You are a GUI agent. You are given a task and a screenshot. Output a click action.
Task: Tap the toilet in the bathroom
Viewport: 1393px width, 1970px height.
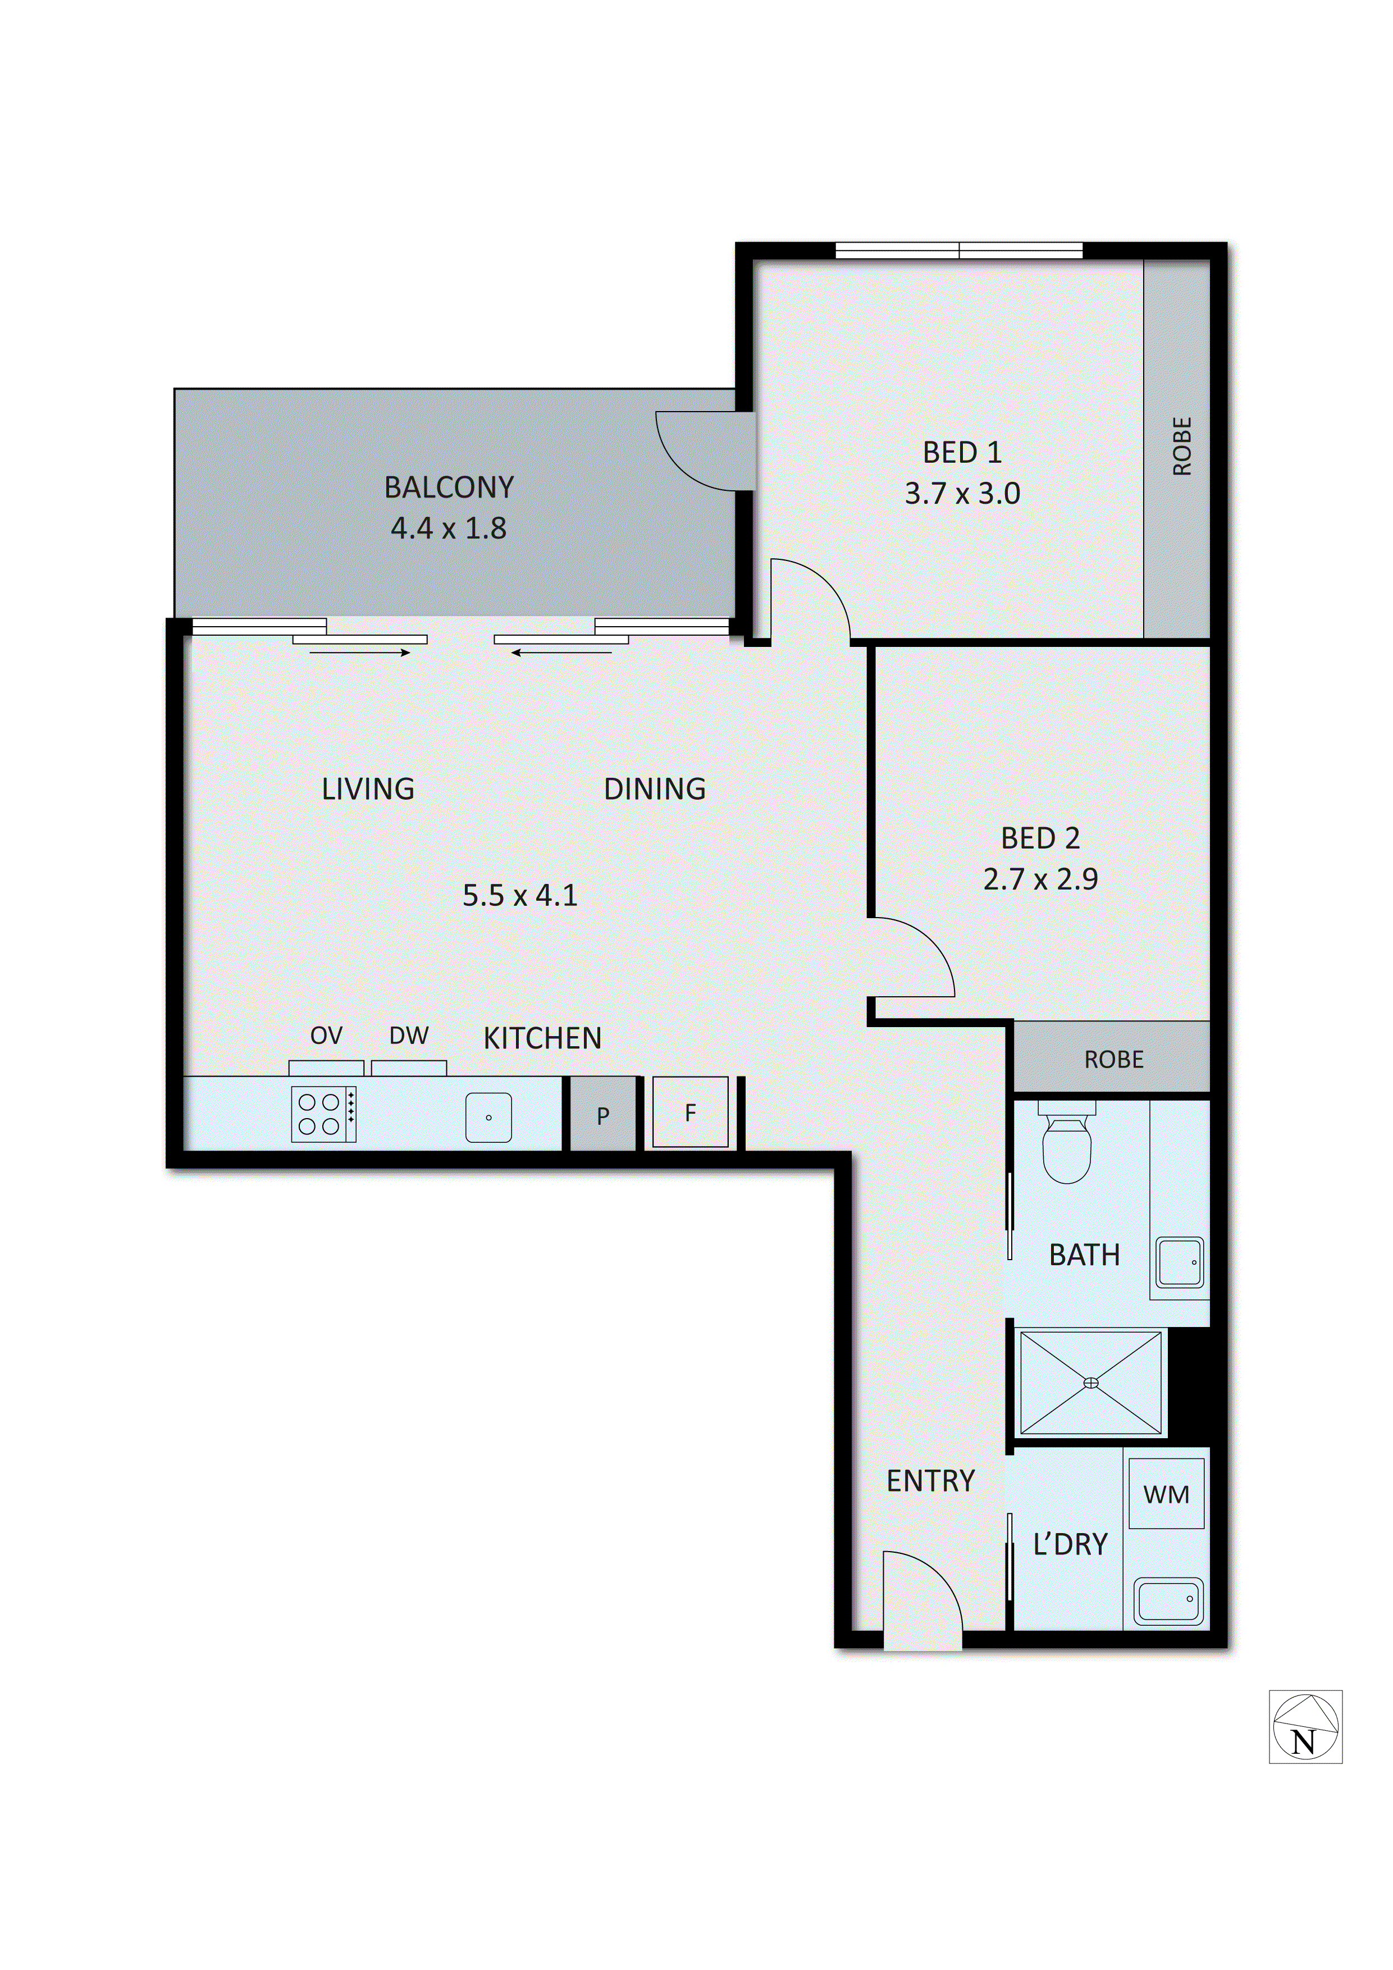click(1066, 1144)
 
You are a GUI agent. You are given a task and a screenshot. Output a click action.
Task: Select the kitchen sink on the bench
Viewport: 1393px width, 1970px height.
click(488, 1117)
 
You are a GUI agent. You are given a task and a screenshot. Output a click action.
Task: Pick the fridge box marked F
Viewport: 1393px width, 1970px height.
click(691, 1113)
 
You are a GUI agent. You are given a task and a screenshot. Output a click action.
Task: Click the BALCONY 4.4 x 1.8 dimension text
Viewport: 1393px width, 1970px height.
click(449, 528)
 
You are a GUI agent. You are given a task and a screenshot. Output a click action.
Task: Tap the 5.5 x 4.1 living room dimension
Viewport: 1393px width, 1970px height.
click(520, 895)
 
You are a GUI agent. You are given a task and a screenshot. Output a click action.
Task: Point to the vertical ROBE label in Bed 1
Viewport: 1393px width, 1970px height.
click(1182, 446)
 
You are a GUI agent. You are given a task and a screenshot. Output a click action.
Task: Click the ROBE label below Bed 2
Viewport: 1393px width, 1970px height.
click(1113, 1060)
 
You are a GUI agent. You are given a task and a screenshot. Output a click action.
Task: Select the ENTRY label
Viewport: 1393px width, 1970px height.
click(931, 1481)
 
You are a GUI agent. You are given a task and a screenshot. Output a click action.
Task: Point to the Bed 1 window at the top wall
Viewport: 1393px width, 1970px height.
click(959, 250)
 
